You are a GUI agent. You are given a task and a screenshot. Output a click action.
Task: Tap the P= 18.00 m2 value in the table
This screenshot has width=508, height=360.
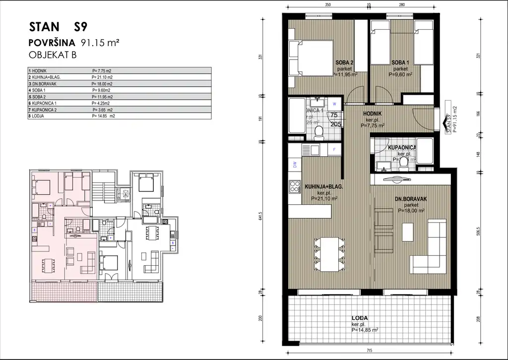pos(102,84)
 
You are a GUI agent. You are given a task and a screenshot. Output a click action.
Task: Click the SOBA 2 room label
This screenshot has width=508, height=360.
pos(344,62)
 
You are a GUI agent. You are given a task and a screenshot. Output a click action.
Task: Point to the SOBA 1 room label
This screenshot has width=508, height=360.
pos(400,62)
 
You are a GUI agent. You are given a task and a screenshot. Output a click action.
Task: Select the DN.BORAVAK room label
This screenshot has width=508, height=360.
pos(411,199)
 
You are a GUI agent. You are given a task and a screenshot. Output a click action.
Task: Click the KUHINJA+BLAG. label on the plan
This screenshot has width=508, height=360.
pos(324,187)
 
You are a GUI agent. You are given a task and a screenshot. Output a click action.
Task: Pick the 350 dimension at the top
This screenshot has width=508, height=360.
pos(327,4)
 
